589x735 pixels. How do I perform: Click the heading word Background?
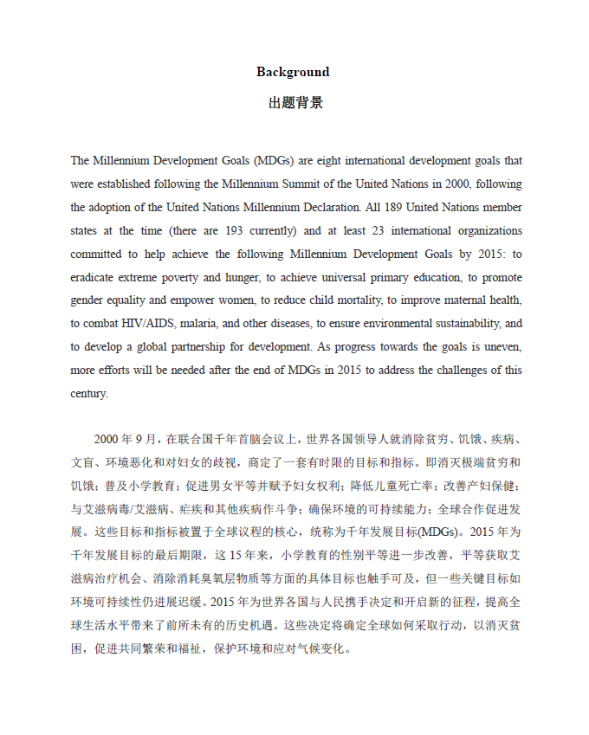293,72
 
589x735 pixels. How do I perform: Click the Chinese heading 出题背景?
294,103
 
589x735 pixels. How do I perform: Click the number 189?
398,208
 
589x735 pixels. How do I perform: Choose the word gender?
87,301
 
